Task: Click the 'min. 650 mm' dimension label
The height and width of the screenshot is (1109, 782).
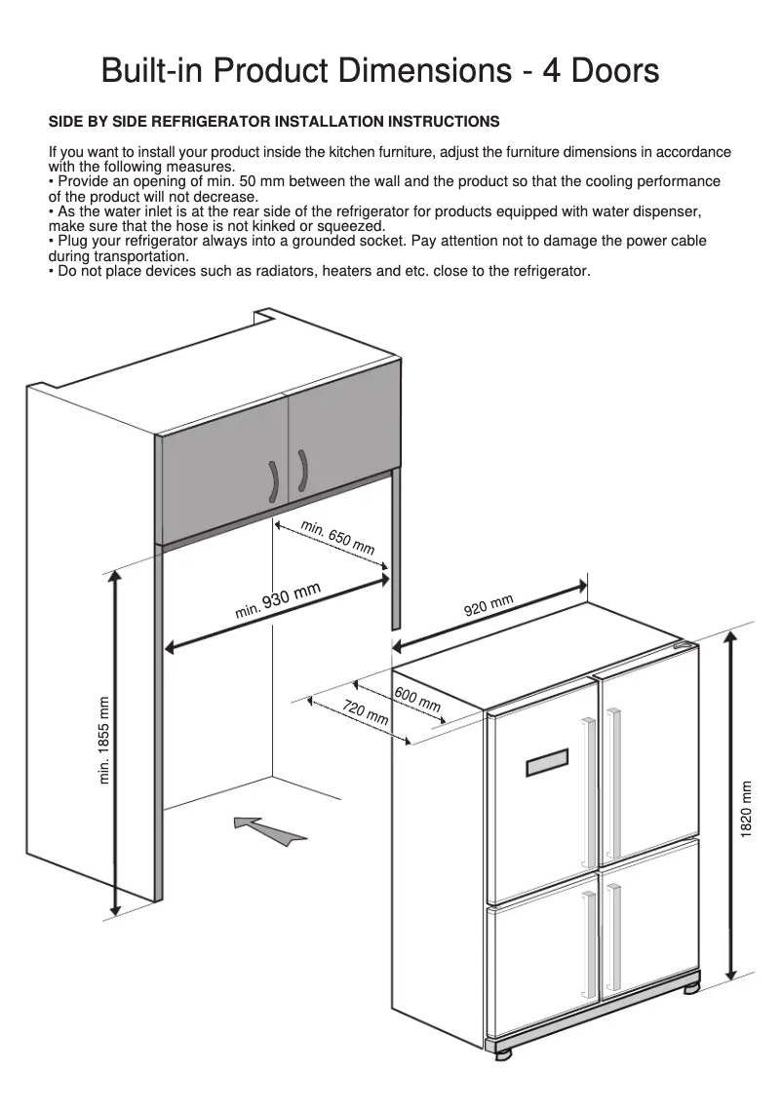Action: click(337, 538)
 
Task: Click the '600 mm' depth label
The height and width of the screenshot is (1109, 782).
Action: click(417, 699)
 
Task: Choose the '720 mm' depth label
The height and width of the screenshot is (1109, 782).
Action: click(366, 712)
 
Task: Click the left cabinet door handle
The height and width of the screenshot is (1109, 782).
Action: click(274, 479)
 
